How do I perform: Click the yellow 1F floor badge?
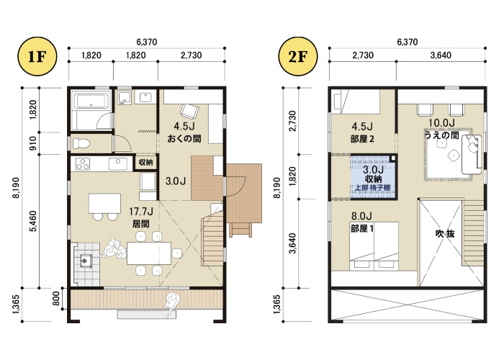pyautogui.click(x=37, y=56)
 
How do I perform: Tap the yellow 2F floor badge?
pyautogui.click(x=297, y=56)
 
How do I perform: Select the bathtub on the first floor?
pyautogui.click(x=91, y=101)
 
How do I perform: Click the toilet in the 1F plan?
pyautogui.click(x=81, y=143)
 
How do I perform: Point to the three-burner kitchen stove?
pyautogui.click(x=83, y=164)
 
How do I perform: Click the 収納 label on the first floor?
pyautogui.click(x=145, y=162)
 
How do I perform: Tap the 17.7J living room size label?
pyautogui.click(x=141, y=212)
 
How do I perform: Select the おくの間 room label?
pyautogui.click(x=184, y=138)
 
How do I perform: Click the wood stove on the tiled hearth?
pyautogui.click(x=86, y=261)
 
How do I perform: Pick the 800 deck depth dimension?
pyautogui.click(x=56, y=298)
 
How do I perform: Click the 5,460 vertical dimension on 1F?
pyautogui.click(x=33, y=221)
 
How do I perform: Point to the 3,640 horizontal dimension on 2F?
pyautogui.click(x=441, y=55)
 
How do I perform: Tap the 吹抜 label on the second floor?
pyautogui.click(x=445, y=234)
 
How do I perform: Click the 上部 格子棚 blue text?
pyautogui.click(x=373, y=188)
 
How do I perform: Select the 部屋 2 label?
pyautogui.click(x=362, y=139)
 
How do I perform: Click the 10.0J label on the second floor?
pyautogui.click(x=441, y=122)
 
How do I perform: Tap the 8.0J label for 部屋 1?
pyautogui.click(x=361, y=215)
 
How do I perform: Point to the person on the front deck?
pyautogui.click(x=171, y=304)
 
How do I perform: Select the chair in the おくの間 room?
pyautogui.click(x=189, y=111)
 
